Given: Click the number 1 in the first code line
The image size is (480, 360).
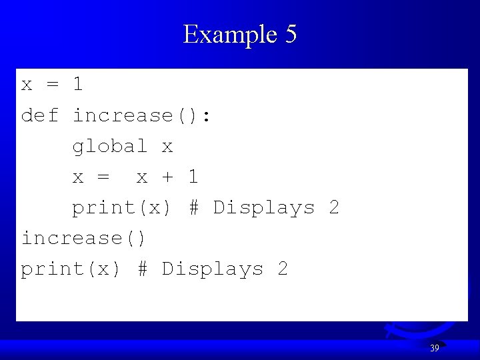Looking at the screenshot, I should coord(78,85).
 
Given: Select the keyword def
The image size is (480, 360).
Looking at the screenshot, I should coord(40,115).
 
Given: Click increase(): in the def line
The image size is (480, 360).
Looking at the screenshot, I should coord(142,116).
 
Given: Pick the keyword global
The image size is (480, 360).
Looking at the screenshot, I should coord(110,146).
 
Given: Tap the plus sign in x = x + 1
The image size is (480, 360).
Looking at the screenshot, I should coord(167,177).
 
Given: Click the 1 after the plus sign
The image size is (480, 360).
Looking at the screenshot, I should coord(193,177).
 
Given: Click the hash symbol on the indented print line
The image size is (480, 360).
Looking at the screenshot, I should coord(193,207).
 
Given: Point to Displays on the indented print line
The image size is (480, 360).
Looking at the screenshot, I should coord(263,208).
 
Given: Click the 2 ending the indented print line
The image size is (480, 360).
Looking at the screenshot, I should coord(334,207).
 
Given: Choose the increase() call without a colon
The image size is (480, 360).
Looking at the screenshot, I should coord(84,238).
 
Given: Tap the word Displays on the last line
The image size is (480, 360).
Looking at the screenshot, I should coord(212,269).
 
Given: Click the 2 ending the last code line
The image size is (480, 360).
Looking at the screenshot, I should coord(283,269).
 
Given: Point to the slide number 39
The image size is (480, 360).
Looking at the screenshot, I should coord(434,348).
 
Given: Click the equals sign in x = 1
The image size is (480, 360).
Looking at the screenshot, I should coord(53,85).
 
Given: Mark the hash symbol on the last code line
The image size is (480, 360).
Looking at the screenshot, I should coord(142,269).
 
